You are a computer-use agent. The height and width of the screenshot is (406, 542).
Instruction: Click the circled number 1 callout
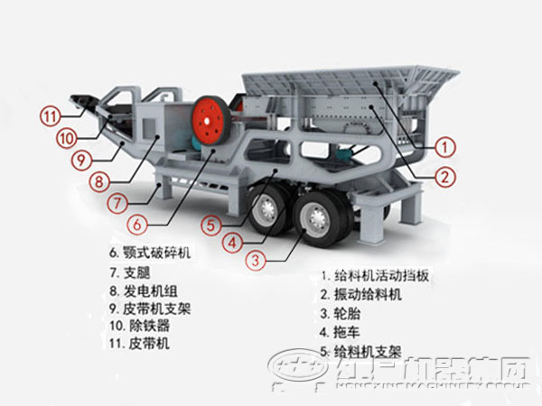pyautogui.click(x=444, y=144)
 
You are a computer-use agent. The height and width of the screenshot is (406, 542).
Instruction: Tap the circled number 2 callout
pyautogui.click(x=444, y=178)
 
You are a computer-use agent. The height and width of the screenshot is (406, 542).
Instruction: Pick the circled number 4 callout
pyautogui.click(x=232, y=242)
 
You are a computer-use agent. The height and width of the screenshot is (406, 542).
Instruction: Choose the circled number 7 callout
pyautogui.click(x=117, y=203)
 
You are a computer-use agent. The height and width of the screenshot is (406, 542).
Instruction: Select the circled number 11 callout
pyautogui.click(x=49, y=115)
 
